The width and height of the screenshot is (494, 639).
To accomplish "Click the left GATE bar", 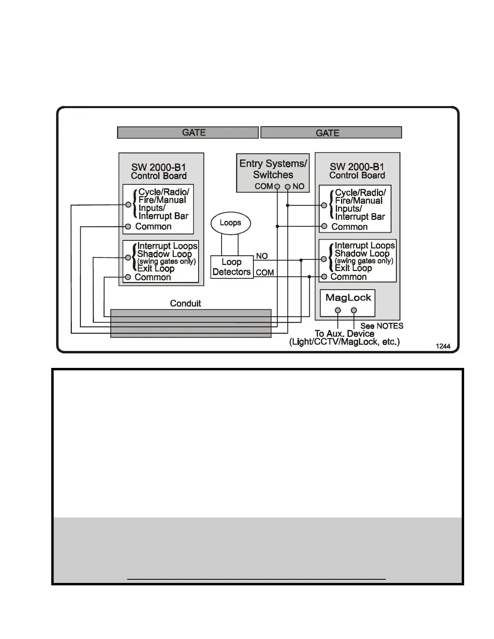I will pyautogui.click(x=188, y=133).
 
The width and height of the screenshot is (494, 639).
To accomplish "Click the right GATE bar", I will pyautogui.click(x=331, y=133).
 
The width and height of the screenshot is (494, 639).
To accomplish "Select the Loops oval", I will pyautogui.click(x=230, y=223).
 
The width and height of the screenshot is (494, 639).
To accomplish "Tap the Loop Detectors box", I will pyautogui.click(x=232, y=267).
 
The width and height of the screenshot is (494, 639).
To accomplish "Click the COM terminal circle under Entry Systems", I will pyautogui.click(x=277, y=187).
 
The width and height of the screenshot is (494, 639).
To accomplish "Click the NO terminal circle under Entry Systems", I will pyautogui.click(x=288, y=187).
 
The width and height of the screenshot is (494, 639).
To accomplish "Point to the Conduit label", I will pyautogui.click(x=185, y=303).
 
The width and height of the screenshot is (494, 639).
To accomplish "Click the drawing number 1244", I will pyautogui.click(x=443, y=346).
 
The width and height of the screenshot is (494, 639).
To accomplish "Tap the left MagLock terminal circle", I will pyautogui.click(x=338, y=310).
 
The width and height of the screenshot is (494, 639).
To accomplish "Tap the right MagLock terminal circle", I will pyautogui.click(x=354, y=310).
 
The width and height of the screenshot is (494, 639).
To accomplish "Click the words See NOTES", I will pyautogui.click(x=382, y=326).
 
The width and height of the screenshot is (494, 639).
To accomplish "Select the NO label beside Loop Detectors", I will pyautogui.click(x=262, y=256).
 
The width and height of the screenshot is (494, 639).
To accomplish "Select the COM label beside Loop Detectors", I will pyautogui.click(x=265, y=273).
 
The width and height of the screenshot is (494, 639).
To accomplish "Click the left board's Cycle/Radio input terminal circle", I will pyautogui.click(x=128, y=205).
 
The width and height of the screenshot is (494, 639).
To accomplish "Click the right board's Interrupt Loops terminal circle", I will pyautogui.click(x=324, y=259).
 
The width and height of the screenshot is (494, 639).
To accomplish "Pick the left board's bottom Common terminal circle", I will pyautogui.click(x=128, y=277).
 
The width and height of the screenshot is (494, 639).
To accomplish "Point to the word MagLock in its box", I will pyautogui.click(x=348, y=298).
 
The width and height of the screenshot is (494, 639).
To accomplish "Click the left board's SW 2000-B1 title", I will pyautogui.click(x=159, y=167).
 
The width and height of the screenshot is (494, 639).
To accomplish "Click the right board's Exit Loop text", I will pyautogui.click(x=353, y=268).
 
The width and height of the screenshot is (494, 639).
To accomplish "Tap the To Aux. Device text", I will pyautogui.click(x=344, y=334).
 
